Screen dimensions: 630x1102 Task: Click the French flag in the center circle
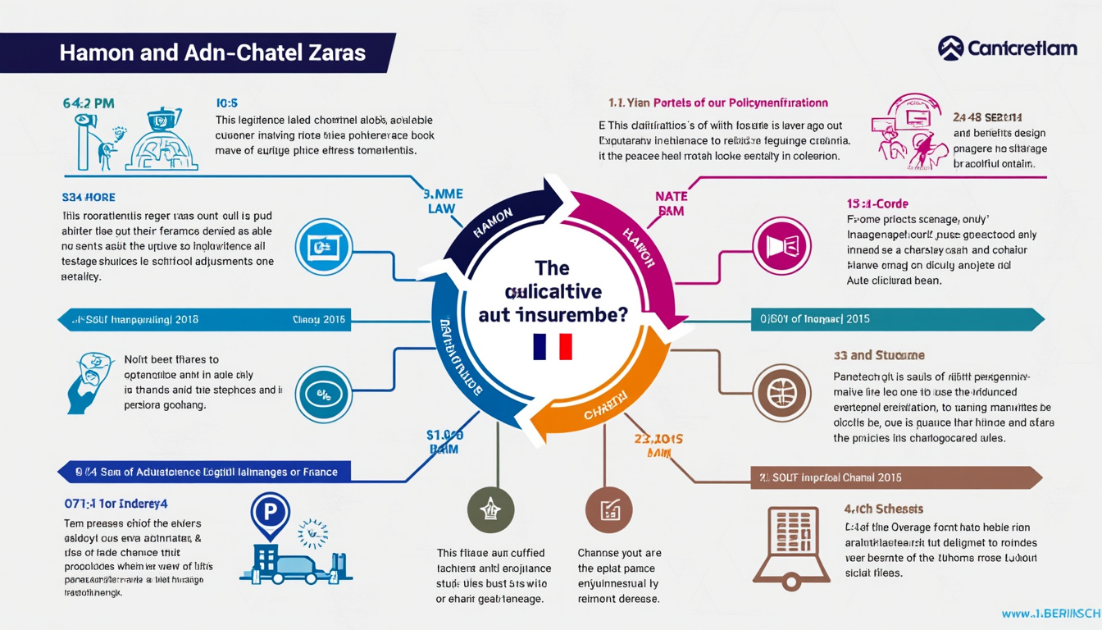pyautogui.click(x=552, y=346)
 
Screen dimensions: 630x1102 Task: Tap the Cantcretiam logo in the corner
pyautogui.click(x=1007, y=48)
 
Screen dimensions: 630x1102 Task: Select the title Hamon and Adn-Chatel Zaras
pyautogui.click(x=212, y=53)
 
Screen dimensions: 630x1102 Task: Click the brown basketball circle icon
pyautogui.click(x=781, y=393)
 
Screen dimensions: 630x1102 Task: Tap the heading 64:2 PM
pyautogui.click(x=88, y=103)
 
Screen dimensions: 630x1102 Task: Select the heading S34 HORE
pyautogui.click(x=89, y=198)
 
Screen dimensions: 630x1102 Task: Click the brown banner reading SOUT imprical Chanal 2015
pyautogui.click(x=894, y=477)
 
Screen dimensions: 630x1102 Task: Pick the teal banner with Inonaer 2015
pyautogui.click(x=894, y=319)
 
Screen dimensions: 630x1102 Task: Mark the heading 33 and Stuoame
pyautogui.click(x=879, y=355)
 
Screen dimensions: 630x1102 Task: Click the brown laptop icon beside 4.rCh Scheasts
pyautogui.click(x=790, y=546)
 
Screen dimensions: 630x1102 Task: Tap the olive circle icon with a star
pyautogui.click(x=491, y=509)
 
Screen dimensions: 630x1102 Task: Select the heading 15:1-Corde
pyautogui.click(x=877, y=203)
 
